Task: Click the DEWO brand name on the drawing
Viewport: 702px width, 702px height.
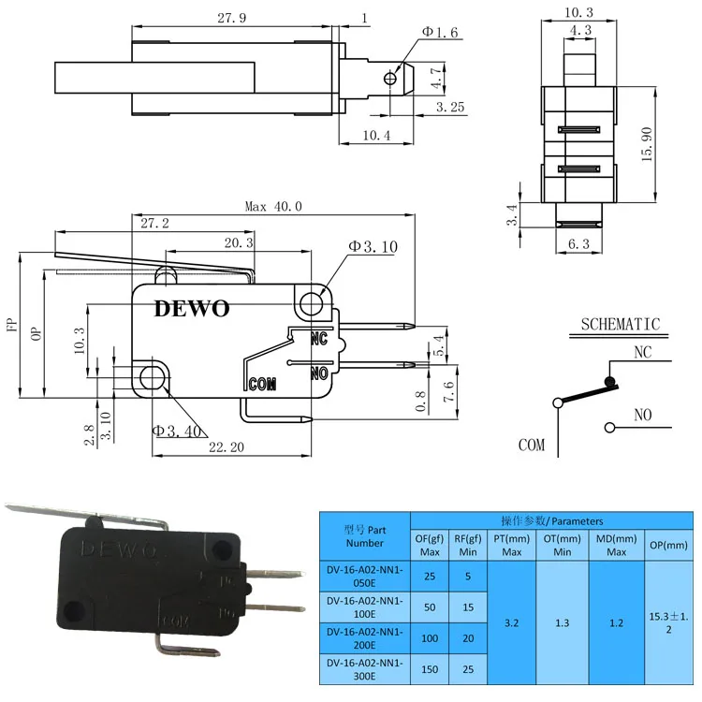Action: coord(192,308)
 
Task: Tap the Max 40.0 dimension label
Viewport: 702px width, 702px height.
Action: coord(273,207)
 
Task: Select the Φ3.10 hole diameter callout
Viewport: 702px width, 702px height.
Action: coord(373,246)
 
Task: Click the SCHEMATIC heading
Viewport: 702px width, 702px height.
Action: coord(620,325)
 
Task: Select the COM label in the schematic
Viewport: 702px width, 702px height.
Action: coord(531,445)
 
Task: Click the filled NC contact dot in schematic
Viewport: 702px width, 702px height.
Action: coord(610,381)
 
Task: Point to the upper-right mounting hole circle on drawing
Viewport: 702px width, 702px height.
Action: coord(310,301)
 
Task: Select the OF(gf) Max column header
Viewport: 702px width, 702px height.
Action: coord(430,544)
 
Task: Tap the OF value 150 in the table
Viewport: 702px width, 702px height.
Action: coord(430,671)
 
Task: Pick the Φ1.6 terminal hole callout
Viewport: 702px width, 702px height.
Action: coord(439,33)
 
